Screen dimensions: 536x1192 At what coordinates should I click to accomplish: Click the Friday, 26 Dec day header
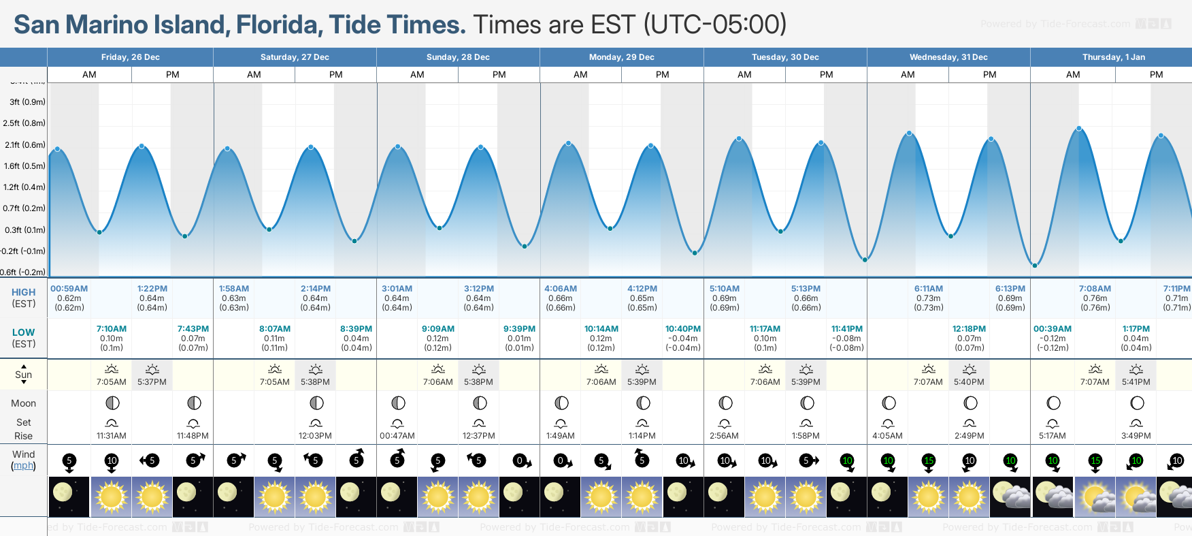[x=130, y=57]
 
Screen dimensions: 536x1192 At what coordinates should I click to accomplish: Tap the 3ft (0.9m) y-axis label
[x=27, y=102]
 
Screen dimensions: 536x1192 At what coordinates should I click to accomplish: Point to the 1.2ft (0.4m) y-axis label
[x=24, y=187]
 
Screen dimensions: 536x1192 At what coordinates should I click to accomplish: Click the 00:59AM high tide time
[x=69, y=289]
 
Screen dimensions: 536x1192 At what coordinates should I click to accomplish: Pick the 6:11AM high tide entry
[x=928, y=289]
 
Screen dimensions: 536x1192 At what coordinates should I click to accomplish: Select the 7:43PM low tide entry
[x=193, y=329]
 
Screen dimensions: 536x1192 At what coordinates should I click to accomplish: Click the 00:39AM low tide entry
[x=1052, y=329]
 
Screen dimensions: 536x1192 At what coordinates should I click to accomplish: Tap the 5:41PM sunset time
[x=1136, y=382]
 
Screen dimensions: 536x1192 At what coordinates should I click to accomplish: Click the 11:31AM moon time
[x=112, y=436]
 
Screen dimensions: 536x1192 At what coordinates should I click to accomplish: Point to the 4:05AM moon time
[x=887, y=436]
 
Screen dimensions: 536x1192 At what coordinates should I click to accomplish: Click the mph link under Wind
[x=24, y=466]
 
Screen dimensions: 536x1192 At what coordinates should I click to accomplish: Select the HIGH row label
[x=24, y=292]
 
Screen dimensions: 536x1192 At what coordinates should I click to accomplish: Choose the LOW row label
[x=24, y=332]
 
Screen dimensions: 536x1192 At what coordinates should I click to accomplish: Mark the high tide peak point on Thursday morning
[x=1078, y=129]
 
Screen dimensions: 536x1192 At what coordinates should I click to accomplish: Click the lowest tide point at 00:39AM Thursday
[x=1034, y=266]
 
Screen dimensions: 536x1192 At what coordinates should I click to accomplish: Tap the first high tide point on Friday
[x=58, y=149]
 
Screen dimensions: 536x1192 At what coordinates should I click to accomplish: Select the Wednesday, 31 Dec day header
[x=948, y=57]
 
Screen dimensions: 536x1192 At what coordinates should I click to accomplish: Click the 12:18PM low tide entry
[x=969, y=329]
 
